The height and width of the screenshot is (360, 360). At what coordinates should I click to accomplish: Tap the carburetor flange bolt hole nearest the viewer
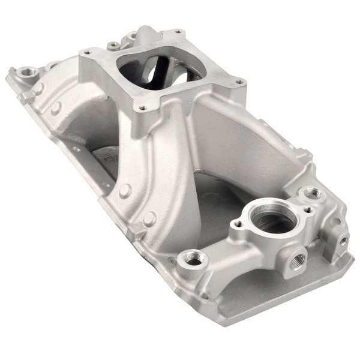point(142,109)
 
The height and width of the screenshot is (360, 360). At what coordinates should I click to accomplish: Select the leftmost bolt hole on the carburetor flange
point(88,53)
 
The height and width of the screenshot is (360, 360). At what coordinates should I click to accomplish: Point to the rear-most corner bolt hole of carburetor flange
point(177,31)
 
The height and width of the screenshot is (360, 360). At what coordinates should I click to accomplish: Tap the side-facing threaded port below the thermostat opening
point(297,259)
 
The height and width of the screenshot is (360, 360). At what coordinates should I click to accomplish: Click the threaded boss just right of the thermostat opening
point(311,193)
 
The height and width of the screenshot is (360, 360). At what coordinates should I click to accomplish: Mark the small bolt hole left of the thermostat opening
point(237,226)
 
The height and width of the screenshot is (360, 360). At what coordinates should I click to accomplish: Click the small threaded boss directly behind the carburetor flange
point(112,45)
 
